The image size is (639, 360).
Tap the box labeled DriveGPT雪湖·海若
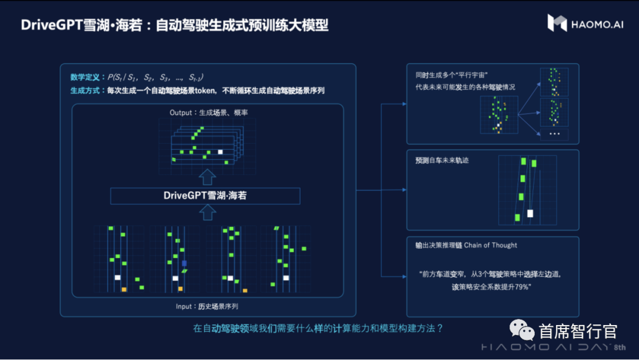205,195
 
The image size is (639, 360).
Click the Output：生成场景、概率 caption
205,112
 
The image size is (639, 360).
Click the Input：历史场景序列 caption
205,306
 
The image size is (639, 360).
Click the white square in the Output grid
220,152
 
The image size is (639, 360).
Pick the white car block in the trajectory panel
530,213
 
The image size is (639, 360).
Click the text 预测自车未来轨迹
442,160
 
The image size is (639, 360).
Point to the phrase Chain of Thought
490,245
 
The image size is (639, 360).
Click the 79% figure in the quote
521,287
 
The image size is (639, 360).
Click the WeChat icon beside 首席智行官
524,329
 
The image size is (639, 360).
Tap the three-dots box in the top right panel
554,134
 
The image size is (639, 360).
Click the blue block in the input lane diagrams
184,263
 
